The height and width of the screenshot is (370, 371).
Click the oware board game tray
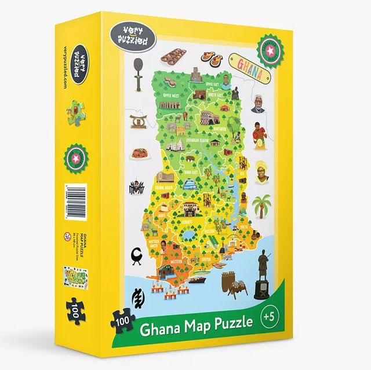174,56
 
